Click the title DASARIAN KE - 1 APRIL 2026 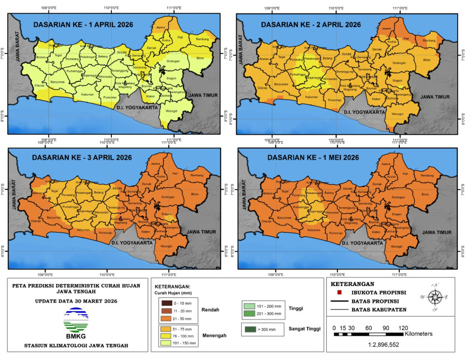tap(83, 24)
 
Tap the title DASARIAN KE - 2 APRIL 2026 tap(311, 24)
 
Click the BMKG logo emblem tap(76, 319)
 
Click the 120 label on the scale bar tap(403, 327)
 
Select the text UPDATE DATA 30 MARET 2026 tap(76, 301)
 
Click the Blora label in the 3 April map tap(195, 194)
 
